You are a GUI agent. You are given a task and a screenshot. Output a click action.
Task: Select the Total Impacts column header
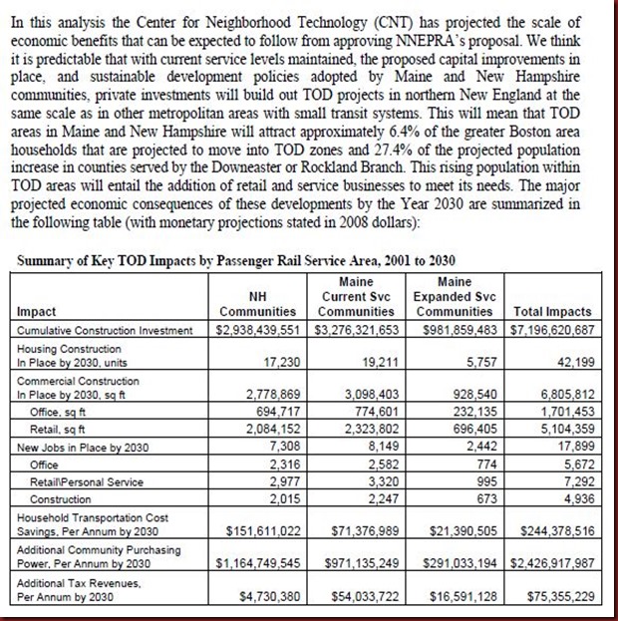[552, 311]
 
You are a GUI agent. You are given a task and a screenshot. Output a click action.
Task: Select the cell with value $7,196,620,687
[552, 329]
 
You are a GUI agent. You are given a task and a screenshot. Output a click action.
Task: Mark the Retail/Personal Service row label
[87, 479]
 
